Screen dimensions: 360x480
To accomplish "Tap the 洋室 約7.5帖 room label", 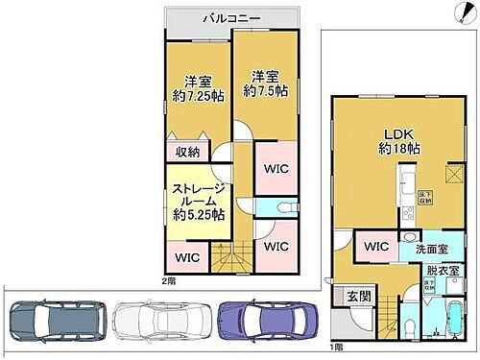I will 263,84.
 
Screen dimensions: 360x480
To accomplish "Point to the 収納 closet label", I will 188,152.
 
